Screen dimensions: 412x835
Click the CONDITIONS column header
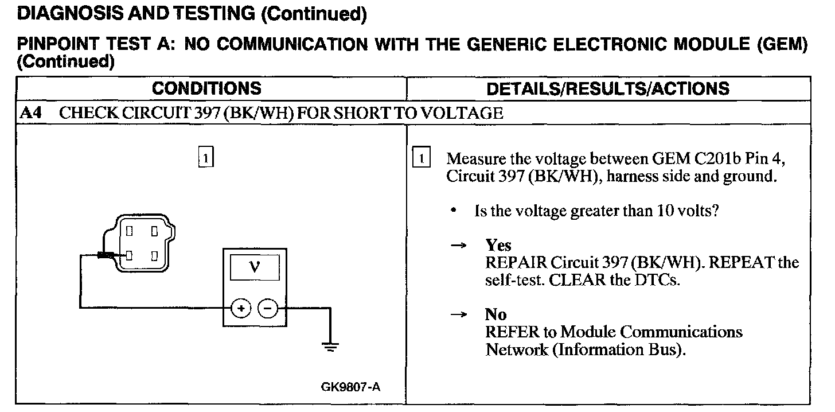click(x=206, y=88)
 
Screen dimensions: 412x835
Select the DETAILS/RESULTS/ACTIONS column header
click(x=608, y=88)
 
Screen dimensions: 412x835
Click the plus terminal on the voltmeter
click(x=241, y=309)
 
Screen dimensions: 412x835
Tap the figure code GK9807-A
click(x=351, y=387)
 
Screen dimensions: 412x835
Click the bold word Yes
click(x=498, y=246)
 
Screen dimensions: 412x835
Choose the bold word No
click(x=495, y=314)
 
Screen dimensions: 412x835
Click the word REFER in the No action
click(x=512, y=332)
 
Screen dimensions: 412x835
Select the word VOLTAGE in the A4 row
click(x=462, y=113)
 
